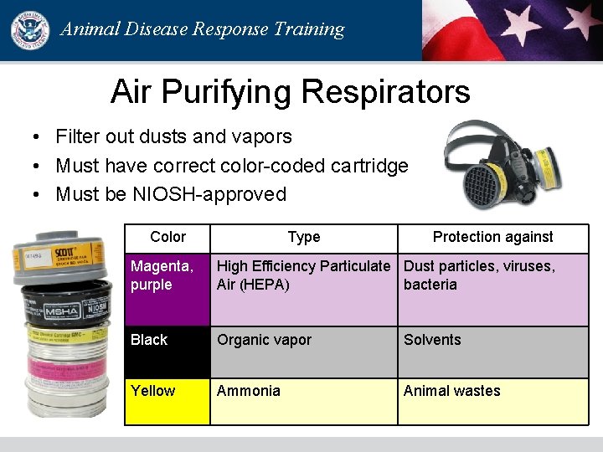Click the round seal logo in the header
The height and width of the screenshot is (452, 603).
tap(30, 30)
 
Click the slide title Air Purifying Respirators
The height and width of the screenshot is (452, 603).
tap(290, 91)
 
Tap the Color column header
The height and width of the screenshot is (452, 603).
tap(167, 237)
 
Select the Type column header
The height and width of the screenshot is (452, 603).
tap(303, 237)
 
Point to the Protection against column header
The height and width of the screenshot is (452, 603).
tap(492, 237)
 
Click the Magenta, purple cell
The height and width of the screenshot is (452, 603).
tap(167, 289)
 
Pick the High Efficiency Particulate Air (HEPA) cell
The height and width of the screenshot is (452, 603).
tap(303, 289)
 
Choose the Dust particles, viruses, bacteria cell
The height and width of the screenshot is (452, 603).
tap(492, 289)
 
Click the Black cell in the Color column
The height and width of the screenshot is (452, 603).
tap(167, 352)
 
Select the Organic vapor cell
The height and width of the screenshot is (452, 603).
tap(303, 352)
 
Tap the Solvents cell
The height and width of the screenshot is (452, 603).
tap(492, 352)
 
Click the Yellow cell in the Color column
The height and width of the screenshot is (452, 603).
tap(167, 401)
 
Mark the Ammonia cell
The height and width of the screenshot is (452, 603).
tap(303, 401)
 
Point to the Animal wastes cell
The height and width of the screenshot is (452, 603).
tap(492, 401)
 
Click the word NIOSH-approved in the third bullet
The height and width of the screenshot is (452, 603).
tap(209, 194)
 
